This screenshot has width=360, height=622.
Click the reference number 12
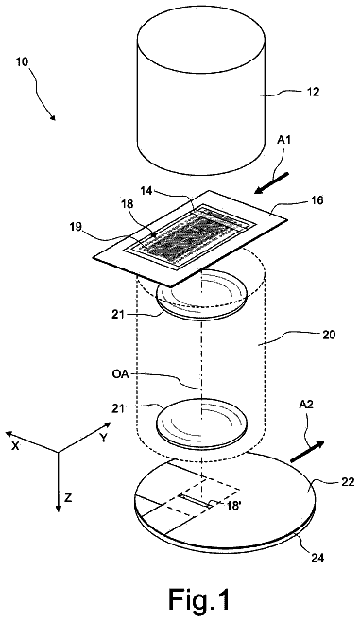[x=313, y=93]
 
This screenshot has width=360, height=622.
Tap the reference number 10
[x=23, y=62]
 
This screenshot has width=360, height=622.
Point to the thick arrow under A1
[x=272, y=183]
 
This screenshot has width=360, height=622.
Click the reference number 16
[x=317, y=200]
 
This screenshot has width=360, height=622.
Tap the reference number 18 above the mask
[x=129, y=204]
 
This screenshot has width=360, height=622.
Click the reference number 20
[x=329, y=336]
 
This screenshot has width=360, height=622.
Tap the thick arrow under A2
[x=308, y=452]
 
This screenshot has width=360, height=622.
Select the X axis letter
[x=15, y=446]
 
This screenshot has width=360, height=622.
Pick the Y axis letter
[x=104, y=438]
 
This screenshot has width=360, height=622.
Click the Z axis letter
[x=68, y=498]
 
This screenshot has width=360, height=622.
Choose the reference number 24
[x=317, y=558]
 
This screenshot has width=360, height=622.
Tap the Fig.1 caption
[x=199, y=598]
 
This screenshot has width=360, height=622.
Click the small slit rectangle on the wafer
[x=195, y=501]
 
